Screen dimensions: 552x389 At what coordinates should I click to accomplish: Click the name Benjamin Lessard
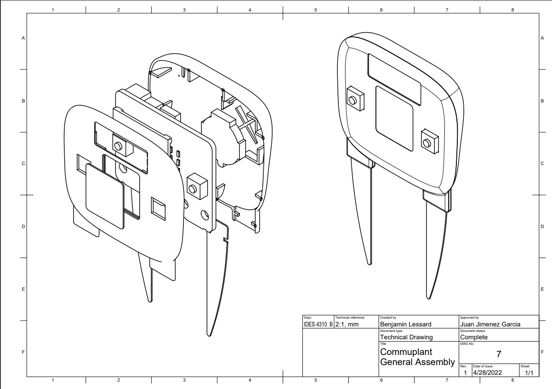406,324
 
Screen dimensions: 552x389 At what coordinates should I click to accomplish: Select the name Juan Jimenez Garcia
490,324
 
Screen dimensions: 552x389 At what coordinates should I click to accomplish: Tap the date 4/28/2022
488,372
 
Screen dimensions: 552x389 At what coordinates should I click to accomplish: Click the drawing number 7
499,354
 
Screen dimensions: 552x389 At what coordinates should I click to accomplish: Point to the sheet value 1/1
529,373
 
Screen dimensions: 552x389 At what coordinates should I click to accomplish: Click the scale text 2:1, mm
347,324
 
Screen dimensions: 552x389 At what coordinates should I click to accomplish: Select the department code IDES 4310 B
318,324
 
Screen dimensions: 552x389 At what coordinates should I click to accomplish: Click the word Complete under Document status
474,337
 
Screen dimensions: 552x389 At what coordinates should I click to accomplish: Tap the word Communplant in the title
406,352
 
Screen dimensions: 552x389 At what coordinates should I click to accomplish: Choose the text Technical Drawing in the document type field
406,337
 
